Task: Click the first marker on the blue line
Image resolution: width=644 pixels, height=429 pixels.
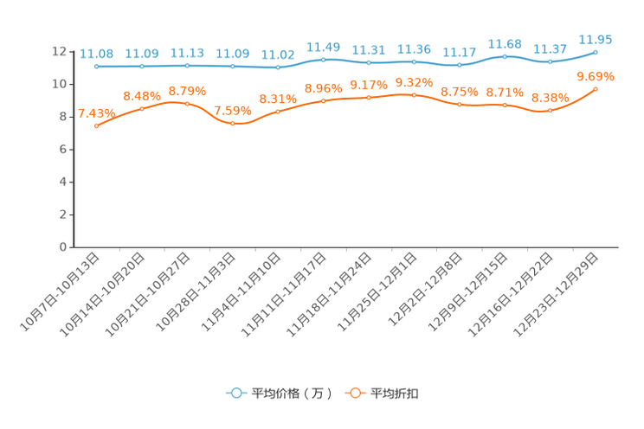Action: [96, 67]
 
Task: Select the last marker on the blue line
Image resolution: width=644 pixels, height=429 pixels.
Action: [596, 52]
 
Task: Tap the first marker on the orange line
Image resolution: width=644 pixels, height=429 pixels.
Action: [96, 127]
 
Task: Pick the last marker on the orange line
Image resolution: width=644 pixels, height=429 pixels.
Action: [596, 89]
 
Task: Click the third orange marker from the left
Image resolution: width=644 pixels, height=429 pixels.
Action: [187, 103]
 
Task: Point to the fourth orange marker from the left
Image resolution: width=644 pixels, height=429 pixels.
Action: [233, 124]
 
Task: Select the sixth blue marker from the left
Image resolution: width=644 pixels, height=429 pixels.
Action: [324, 60]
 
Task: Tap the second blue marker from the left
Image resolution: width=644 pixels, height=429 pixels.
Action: [142, 66]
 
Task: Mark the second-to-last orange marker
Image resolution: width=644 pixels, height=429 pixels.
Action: [550, 111]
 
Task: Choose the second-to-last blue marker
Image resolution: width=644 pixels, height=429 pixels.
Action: [550, 62]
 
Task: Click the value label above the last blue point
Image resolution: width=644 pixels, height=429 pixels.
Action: [596, 39]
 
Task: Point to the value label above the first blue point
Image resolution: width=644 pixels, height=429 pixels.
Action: [96, 54]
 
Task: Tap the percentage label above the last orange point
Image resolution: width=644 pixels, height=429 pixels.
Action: [596, 76]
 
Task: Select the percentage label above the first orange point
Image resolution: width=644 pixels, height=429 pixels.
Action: [96, 113]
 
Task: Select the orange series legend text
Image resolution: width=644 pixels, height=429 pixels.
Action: [395, 394]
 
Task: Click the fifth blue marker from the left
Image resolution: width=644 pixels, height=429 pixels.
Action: [278, 67]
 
